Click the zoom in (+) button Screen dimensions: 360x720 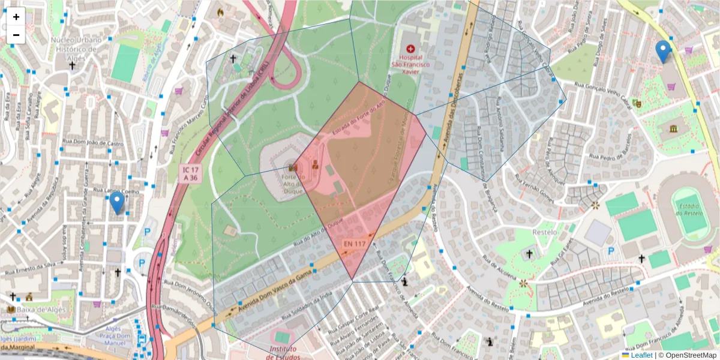[16, 17]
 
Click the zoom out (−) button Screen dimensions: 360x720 [16, 35]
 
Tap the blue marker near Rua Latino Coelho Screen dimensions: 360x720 [117, 203]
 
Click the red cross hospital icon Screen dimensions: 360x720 [410, 48]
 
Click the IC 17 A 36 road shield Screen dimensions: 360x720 [191, 174]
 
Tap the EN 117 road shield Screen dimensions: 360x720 [355, 244]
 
